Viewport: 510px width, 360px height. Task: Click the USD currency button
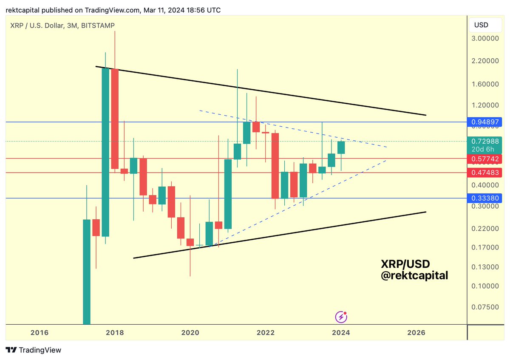481,25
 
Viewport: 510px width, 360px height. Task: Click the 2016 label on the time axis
40,333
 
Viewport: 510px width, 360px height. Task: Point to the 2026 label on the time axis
416,333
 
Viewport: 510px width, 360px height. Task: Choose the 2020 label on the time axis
190,333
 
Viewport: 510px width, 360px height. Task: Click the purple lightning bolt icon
341,317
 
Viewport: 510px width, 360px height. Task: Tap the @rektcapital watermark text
414,275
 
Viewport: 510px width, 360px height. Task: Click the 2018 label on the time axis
115,333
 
